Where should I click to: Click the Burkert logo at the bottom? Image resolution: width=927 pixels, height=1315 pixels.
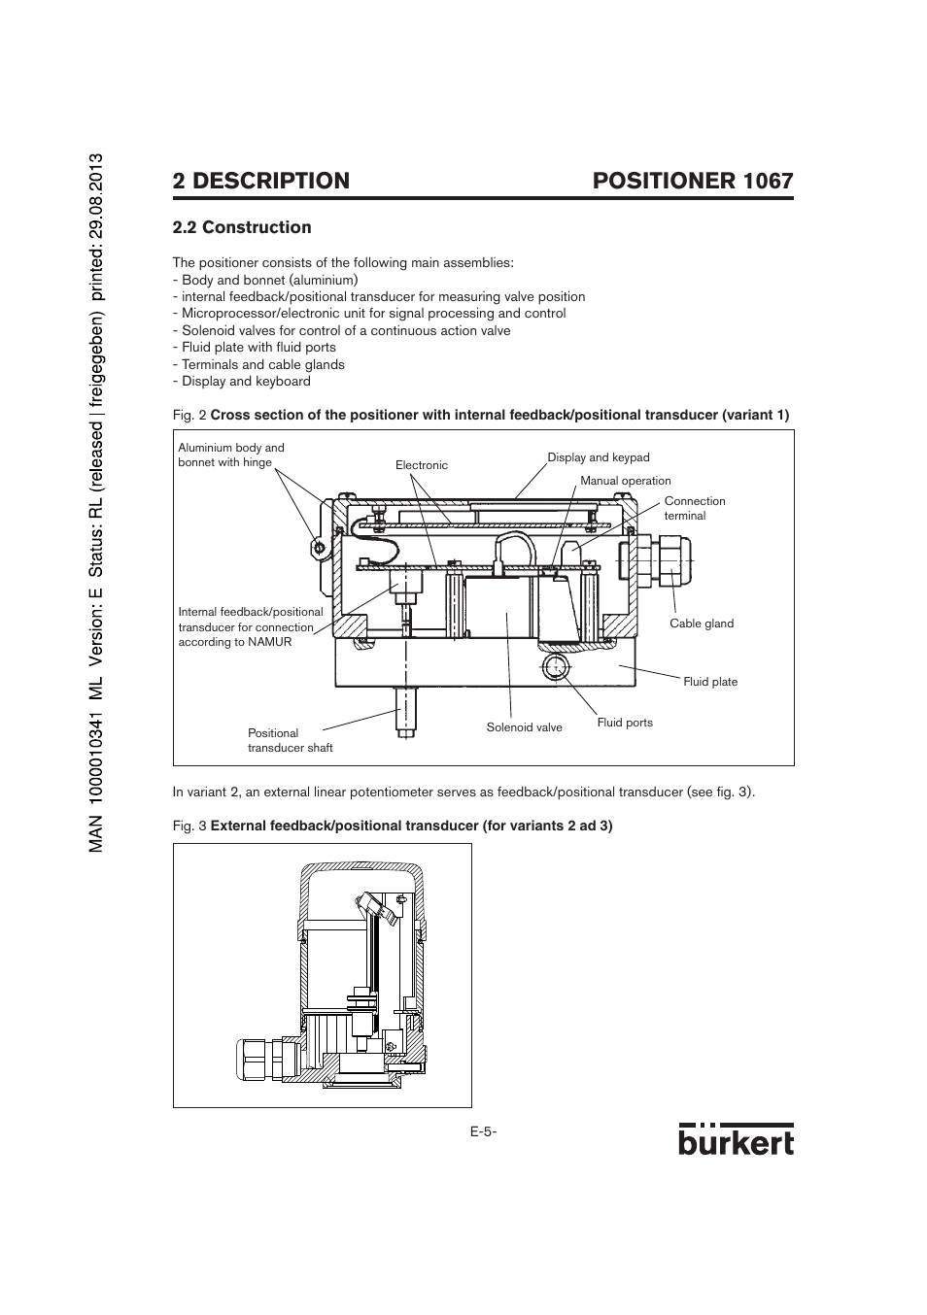pyautogui.click(x=736, y=1140)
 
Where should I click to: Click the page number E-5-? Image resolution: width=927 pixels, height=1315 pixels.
pyautogui.click(x=483, y=1132)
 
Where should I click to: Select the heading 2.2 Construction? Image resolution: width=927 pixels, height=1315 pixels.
pyautogui.click(x=242, y=227)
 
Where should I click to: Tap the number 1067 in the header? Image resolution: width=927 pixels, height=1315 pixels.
pyautogui.click(x=768, y=181)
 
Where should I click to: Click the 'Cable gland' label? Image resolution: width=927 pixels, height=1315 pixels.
pyautogui.click(x=702, y=624)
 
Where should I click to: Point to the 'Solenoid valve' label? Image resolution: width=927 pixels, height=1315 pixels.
pyautogui.click(x=524, y=727)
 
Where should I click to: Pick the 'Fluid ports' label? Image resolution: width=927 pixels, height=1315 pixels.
pyautogui.click(x=625, y=723)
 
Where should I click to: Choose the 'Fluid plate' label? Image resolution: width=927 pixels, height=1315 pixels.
pyautogui.click(x=710, y=682)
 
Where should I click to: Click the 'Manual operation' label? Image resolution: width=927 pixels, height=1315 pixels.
pyautogui.click(x=625, y=481)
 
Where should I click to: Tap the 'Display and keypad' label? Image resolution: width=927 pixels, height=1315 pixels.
pyautogui.click(x=598, y=457)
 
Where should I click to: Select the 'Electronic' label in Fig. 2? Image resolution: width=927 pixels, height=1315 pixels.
pyautogui.click(x=422, y=465)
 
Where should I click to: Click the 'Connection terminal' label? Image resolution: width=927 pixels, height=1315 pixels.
pyautogui.click(x=694, y=508)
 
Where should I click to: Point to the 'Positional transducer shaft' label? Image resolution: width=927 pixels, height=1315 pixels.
pyautogui.click(x=290, y=740)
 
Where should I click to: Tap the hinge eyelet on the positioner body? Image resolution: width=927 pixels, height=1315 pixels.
pyautogui.click(x=319, y=549)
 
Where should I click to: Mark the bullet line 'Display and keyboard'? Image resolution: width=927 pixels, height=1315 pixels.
pyautogui.click(x=246, y=382)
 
